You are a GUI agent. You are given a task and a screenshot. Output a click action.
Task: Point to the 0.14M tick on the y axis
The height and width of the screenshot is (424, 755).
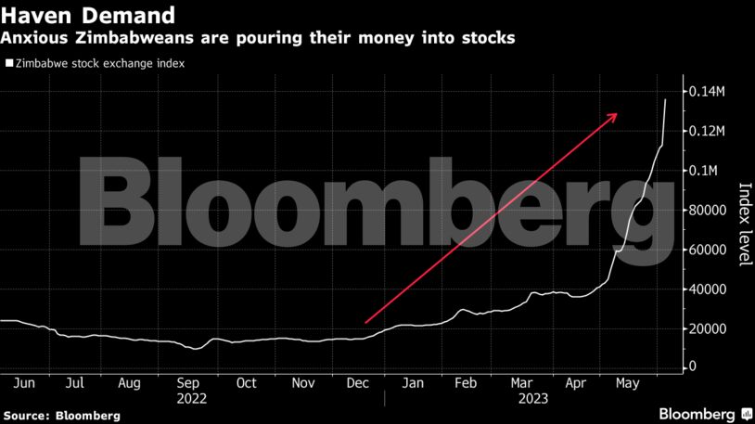(x=709, y=92)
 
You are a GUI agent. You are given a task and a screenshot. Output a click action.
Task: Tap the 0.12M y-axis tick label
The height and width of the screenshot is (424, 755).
(x=709, y=132)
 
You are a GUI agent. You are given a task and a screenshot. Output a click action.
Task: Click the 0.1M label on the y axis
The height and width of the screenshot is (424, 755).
(x=705, y=171)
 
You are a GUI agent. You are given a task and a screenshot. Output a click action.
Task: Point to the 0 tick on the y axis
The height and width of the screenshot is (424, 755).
(x=692, y=367)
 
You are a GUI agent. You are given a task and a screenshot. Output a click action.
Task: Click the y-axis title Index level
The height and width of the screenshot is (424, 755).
(x=743, y=224)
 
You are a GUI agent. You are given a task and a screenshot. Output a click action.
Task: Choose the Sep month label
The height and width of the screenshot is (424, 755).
(x=188, y=382)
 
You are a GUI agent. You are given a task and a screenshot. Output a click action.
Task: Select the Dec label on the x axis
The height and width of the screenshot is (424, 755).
(x=357, y=382)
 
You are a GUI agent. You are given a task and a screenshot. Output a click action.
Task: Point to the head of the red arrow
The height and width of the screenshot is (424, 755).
(x=617, y=113)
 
